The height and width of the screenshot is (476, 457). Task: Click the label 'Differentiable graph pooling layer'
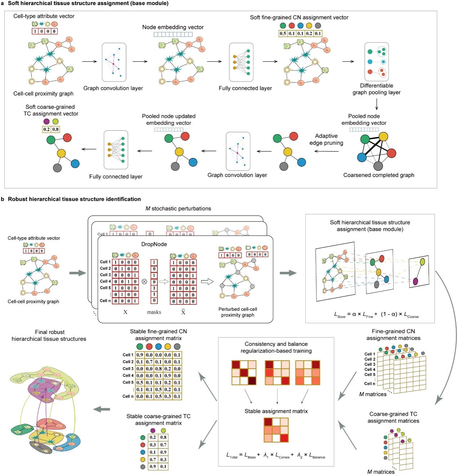[x=376, y=89]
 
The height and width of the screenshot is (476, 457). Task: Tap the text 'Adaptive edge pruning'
[x=326, y=139]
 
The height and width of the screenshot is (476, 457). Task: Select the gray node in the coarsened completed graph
[x=378, y=166]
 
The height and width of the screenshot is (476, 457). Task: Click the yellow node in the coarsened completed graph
[x=383, y=137]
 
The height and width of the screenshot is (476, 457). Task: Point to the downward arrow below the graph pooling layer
[x=377, y=104]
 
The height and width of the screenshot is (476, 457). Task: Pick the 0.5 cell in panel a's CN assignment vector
[x=283, y=34]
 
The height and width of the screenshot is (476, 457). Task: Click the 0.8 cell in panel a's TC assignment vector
[x=55, y=129]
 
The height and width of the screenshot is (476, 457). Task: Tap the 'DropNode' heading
[x=154, y=244]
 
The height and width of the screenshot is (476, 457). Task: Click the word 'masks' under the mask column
[x=154, y=312]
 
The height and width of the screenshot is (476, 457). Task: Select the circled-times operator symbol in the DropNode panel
[x=144, y=282]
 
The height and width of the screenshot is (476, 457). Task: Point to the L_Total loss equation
[x=276, y=455]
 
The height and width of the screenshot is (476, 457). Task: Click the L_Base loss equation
[x=376, y=314]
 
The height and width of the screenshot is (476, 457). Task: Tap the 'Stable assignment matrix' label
[x=276, y=411]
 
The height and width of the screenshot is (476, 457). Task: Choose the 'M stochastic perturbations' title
[x=178, y=208]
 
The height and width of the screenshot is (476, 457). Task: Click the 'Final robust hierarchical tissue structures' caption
[x=49, y=335]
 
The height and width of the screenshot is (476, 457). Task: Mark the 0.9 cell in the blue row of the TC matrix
[x=163, y=452]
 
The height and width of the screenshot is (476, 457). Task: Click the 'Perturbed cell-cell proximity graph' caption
[x=238, y=312]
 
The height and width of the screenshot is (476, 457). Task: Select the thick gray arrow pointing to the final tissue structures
[x=102, y=409]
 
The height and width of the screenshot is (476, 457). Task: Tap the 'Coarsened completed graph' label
[x=378, y=175]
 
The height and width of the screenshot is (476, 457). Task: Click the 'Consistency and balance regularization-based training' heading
[x=276, y=347]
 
